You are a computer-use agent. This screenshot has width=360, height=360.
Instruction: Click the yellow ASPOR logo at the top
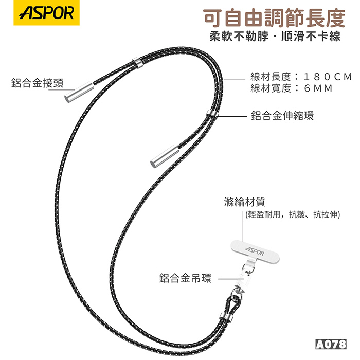47,13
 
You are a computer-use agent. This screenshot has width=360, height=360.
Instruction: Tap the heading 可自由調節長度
274,17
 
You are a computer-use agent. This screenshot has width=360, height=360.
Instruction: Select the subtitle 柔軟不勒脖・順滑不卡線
275,36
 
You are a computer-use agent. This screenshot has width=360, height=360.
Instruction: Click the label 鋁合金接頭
37,83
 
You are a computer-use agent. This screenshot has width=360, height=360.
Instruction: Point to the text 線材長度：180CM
301,77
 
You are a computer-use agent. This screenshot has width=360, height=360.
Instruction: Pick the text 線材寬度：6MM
292,88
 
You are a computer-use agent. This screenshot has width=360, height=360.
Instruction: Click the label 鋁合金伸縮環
282,116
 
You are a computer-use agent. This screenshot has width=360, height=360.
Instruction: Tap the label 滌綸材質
244,202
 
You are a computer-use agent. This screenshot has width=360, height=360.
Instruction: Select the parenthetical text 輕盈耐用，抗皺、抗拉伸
293,214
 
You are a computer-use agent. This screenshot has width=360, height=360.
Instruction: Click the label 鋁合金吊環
185,278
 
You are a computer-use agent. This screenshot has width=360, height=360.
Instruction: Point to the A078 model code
331,344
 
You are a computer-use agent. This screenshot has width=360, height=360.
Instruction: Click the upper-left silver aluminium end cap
79,92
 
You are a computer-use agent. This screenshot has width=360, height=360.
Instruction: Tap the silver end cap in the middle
165,156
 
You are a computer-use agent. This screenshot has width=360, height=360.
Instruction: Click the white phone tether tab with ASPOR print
255,251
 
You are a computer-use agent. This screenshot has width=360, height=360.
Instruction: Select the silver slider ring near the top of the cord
138,62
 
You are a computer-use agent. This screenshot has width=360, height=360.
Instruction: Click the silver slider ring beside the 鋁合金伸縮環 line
212,113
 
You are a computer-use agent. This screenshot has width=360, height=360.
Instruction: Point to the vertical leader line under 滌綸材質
242,226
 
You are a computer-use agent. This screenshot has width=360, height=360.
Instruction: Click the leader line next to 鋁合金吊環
230,279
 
